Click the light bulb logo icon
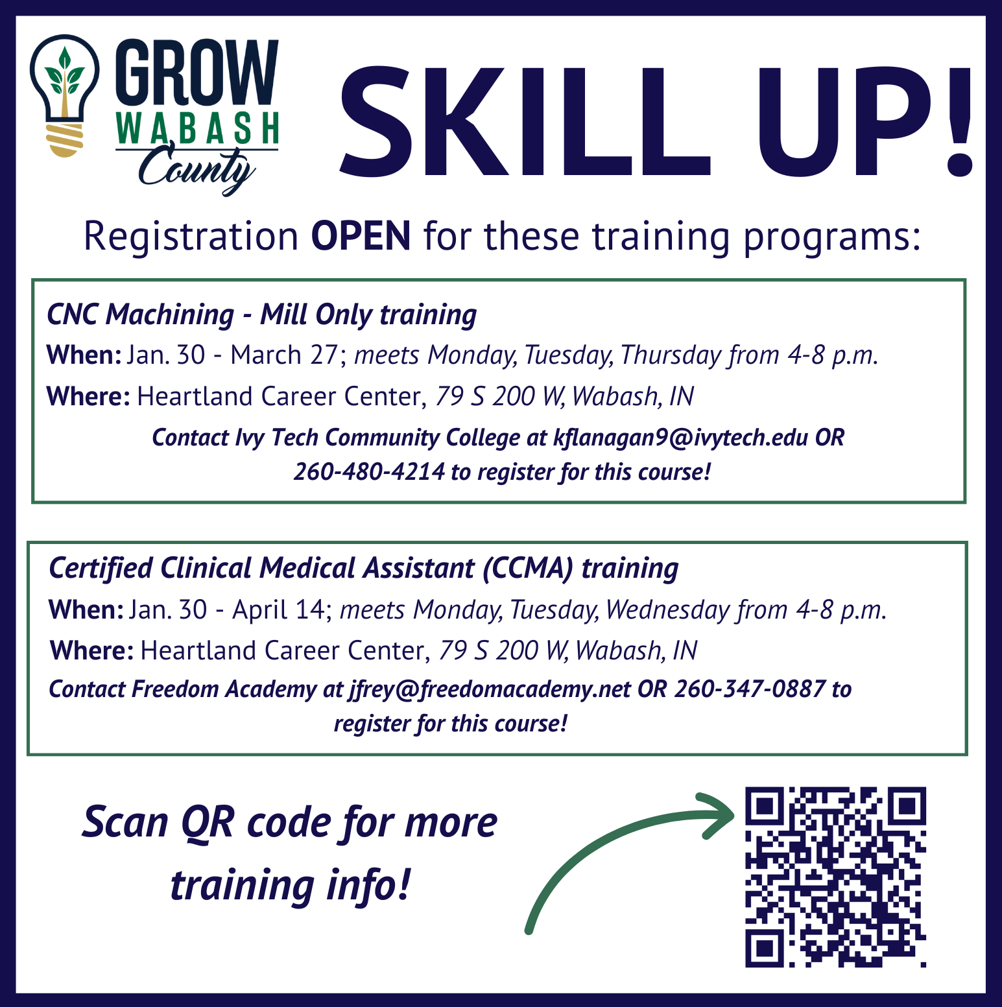(65, 95)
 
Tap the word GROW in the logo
(197, 73)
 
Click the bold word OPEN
(361, 235)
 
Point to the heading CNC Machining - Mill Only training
(262, 315)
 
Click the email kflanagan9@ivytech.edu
(680, 438)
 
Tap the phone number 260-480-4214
(369, 471)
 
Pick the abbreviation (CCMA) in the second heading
(528, 568)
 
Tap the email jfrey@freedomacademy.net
(490, 689)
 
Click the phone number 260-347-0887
(750, 689)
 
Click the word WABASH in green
(198, 128)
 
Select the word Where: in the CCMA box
(91, 650)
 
